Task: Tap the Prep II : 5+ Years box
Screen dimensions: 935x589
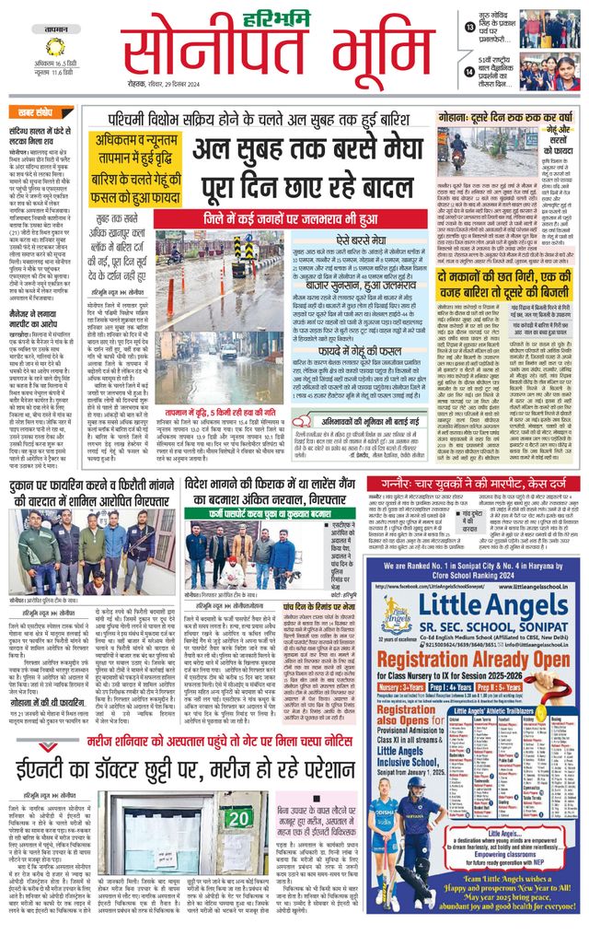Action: point(539,686)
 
